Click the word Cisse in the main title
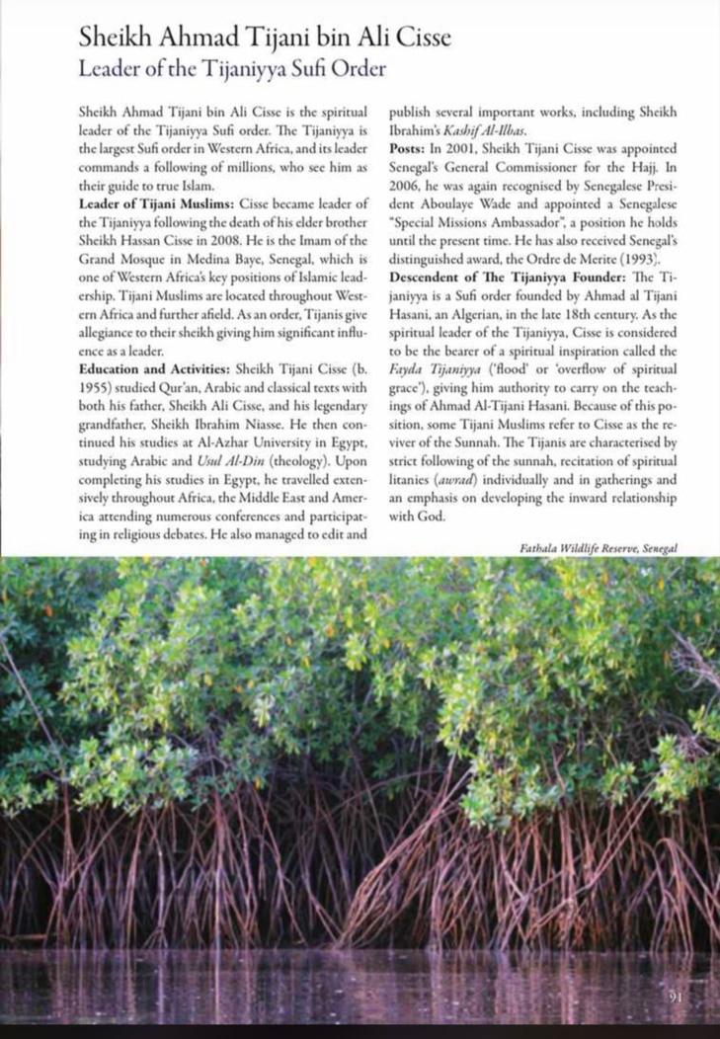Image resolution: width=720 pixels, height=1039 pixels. [x=416, y=39]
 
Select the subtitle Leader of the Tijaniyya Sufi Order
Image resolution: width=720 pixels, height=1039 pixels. [x=230, y=69]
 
